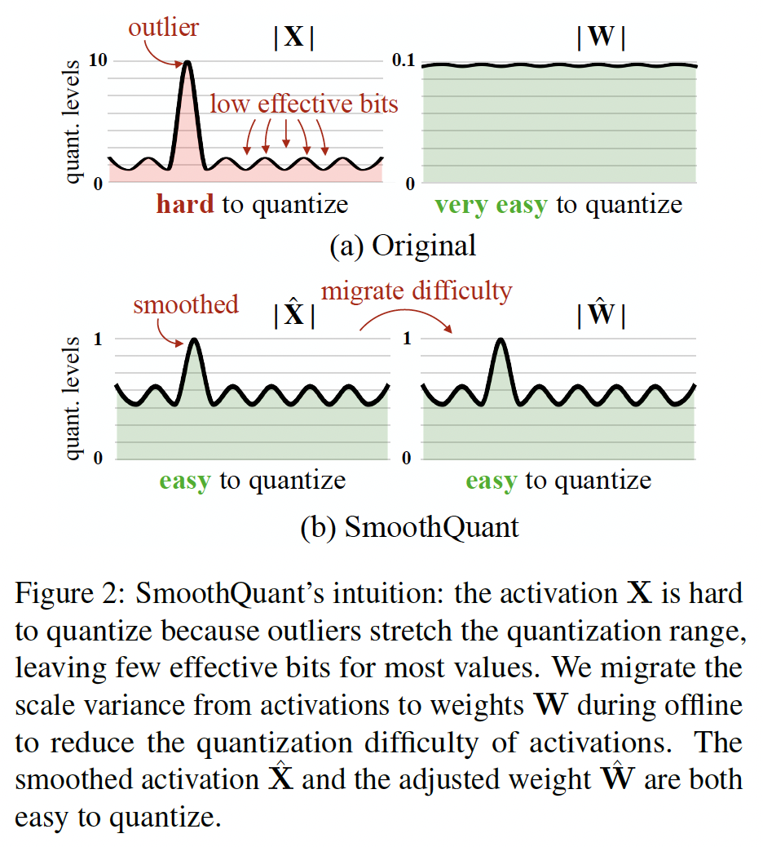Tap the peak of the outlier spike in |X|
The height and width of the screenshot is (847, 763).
(188, 63)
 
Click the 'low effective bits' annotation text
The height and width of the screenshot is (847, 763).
(304, 104)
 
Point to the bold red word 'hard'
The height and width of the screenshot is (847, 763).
(185, 204)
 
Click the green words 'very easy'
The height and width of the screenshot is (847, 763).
(491, 204)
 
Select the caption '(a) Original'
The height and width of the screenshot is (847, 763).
(403, 246)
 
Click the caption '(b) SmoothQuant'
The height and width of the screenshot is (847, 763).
(410, 527)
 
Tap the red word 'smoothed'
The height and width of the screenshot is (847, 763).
(186, 304)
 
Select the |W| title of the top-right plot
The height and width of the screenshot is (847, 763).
(601, 38)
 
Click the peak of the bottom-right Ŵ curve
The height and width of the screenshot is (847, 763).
(501, 340)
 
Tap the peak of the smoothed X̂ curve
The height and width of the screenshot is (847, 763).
(193, 340)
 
